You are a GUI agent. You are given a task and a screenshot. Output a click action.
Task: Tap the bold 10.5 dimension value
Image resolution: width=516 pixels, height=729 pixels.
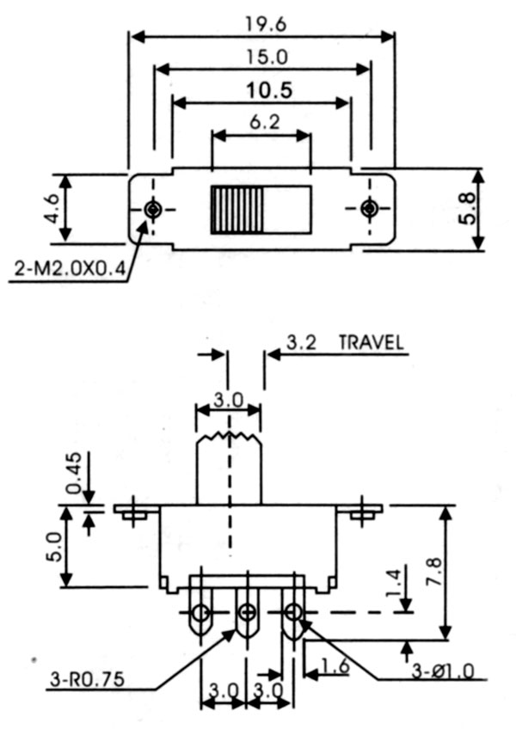click(x=261, y=89)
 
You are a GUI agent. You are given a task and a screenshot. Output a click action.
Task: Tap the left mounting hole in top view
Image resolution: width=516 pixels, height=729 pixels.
click(x=153, y=209)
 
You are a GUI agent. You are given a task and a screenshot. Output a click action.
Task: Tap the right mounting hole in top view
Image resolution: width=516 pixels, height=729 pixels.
click(x=369, y=209)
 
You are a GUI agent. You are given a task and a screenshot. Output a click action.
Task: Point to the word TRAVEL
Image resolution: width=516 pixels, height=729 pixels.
click(x=371, y=341)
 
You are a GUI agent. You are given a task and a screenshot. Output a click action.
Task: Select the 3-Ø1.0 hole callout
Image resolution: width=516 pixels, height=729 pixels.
click(x=441, y=670)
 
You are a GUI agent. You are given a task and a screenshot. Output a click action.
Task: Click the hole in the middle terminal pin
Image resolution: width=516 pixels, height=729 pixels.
click(x=248, y=612)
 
